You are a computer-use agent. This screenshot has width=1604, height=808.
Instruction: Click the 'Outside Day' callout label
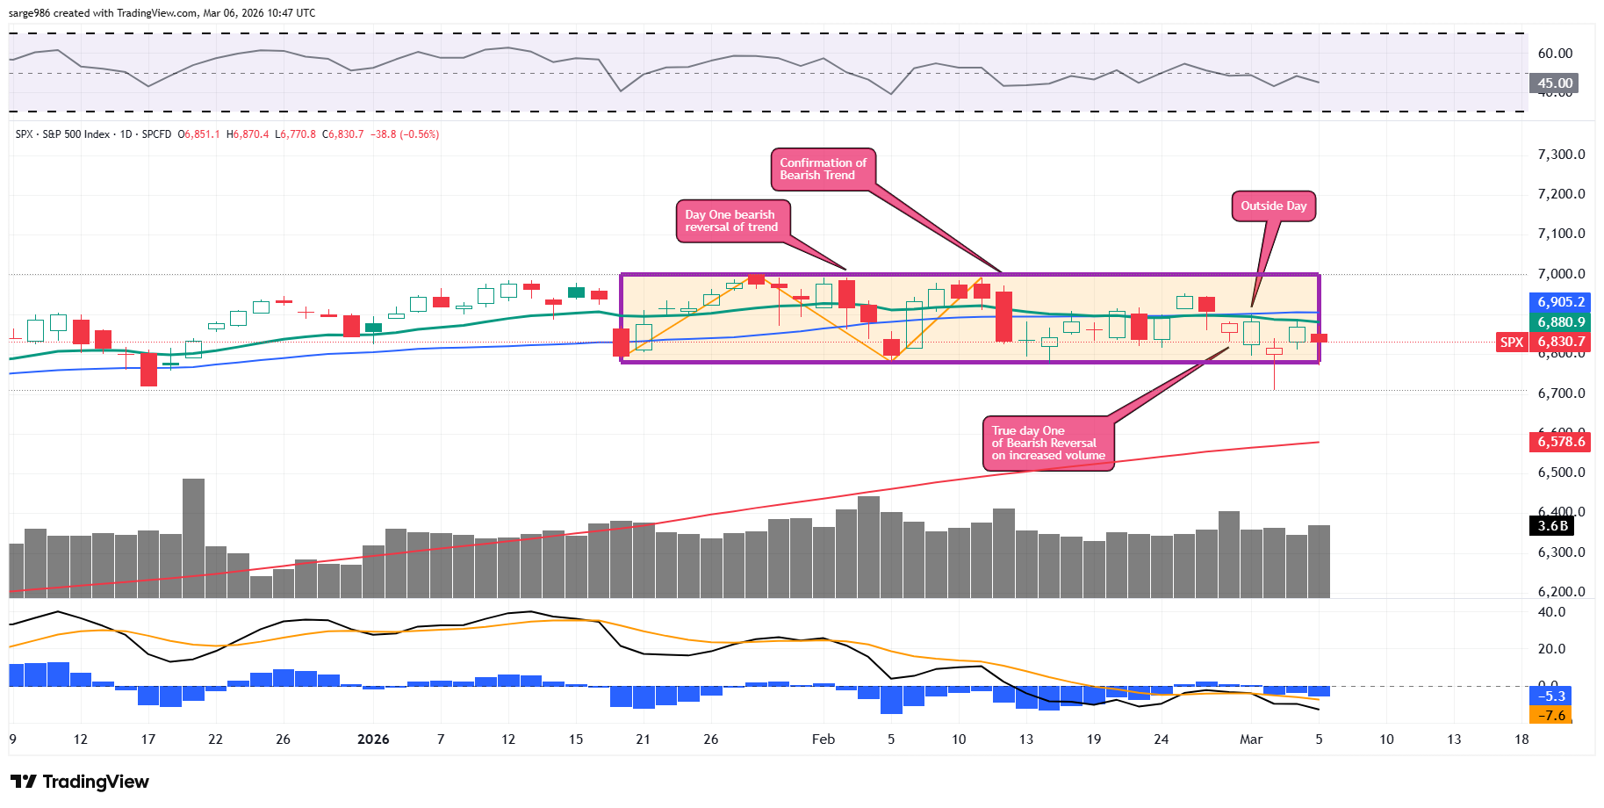coord(1273,206)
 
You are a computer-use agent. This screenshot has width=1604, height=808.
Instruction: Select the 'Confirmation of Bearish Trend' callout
coord(823,170)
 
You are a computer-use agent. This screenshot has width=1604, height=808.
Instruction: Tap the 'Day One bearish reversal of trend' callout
coord(731,220)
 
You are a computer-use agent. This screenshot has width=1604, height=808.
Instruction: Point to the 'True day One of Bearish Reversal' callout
coord(1047,444)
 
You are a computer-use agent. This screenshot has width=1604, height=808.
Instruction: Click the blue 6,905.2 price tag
coord(1561,302)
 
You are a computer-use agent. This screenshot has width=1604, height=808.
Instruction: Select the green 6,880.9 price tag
coord(1561,322)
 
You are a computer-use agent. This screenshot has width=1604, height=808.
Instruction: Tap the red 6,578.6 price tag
coord(1561,442)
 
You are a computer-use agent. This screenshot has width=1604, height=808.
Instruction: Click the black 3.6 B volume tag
coord(1552,526)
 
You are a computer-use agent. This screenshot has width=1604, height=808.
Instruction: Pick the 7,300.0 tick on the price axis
coord(1561,155)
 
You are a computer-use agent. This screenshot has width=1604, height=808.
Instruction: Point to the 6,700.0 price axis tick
coord(1561,393)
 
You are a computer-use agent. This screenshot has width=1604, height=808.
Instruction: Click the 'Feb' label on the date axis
coord(824,739)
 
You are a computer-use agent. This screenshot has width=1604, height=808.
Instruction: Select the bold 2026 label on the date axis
coord(373,739)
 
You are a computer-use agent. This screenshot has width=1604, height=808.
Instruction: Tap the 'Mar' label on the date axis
coord(1251,739)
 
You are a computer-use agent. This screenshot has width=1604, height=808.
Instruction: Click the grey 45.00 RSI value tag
coord(1555,83)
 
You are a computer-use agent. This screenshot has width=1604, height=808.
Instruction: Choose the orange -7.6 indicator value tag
coord(1552,716)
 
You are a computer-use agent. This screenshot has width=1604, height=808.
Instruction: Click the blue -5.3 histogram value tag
coord(1552,696)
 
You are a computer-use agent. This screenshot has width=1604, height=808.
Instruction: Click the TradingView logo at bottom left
coord(80,782)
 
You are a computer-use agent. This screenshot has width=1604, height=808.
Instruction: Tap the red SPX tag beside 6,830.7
coord(1512,343)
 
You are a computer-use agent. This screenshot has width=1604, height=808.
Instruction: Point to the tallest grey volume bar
coord(193,537)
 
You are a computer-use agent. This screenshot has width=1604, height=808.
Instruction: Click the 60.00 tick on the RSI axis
coord(1555,54)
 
